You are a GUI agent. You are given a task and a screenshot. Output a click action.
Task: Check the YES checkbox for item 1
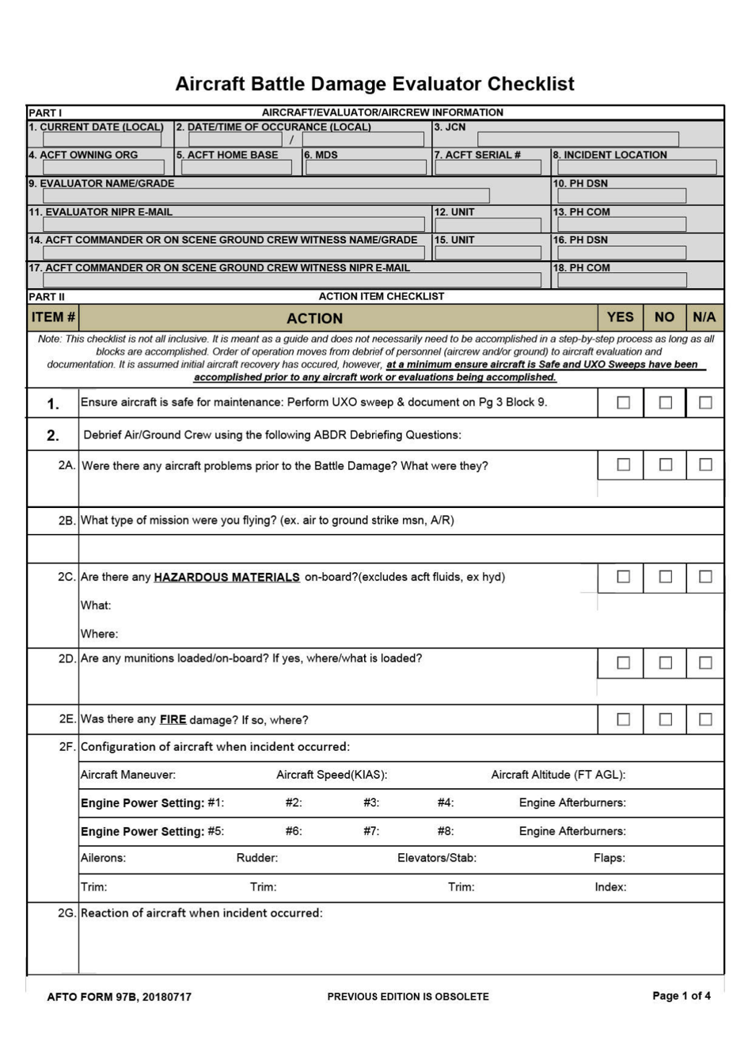pyautogui.click(x=624, y=403)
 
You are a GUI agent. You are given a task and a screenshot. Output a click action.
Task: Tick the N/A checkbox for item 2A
pyautogui.click(x=705, y=465)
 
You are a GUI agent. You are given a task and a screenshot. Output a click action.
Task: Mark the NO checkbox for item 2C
pyautogui.click(x=666, y=577)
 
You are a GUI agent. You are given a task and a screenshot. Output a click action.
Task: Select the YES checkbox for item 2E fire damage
pyautogui.click(x=624, y=719)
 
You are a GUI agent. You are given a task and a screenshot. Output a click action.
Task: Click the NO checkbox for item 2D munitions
pyautogui.click(x=666, y=663)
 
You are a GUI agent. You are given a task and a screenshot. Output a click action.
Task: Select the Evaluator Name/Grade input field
pyautogui.click(x=266, y=195)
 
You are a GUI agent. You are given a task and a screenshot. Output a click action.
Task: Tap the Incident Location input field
pyautogui.click(x=636, y=167)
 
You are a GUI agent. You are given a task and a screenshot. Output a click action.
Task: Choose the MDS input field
pyautogui.click(x=367, y=167)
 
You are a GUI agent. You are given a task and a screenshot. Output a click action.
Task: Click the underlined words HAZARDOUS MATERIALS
pyautogui.click(x=226, y=578)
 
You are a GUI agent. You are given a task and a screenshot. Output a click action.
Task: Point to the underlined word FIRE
pyautogui.click(x=173, y=719)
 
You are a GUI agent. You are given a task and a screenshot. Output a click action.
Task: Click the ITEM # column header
pyautogui.click(x=53, y=317)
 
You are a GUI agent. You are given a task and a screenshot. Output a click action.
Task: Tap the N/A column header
pyautogui.click(x=704, y=317)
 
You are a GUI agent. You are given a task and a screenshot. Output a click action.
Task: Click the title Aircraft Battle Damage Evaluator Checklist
pyautogui.click(x=374, y=84)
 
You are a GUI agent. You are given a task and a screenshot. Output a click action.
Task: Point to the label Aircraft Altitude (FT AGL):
pyautogui.click(x=558, y=775)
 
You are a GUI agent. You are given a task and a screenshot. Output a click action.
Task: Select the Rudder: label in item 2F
pyautogui.click(x=257, y=858)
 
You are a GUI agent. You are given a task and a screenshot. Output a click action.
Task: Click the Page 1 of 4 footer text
pyautogui.click(x=681, y=996)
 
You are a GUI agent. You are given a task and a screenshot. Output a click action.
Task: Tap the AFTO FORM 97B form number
pyautogui.click(x=119, y=997)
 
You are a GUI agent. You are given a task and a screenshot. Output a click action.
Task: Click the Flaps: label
pyautogui.click(x=609, y=858)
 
